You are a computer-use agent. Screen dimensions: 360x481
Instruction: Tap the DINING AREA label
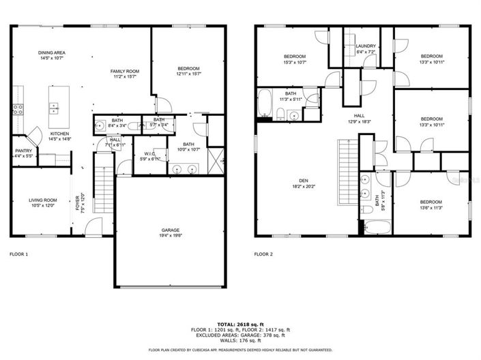51,52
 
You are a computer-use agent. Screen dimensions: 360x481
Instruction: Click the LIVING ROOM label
42,200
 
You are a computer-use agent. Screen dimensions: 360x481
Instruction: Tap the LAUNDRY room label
366,46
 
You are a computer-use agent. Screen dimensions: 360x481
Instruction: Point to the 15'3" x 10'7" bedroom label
295,56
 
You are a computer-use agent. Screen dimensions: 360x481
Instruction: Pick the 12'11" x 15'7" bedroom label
188,68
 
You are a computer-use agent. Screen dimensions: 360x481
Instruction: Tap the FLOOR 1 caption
18,254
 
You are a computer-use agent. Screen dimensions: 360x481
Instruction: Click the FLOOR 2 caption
263,254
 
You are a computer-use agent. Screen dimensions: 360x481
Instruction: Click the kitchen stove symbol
18,107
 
